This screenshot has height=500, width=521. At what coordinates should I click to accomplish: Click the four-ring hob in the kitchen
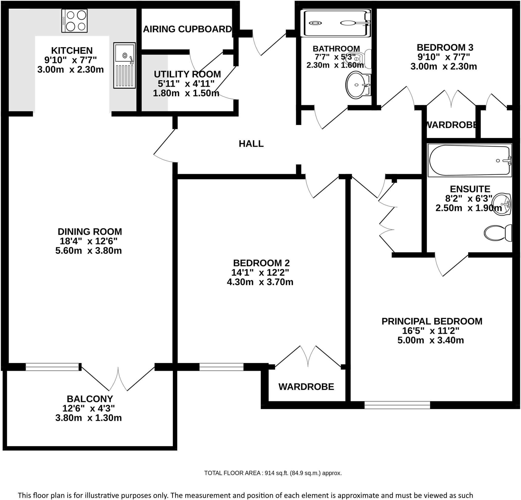pyautogui.click(x=74, y=21)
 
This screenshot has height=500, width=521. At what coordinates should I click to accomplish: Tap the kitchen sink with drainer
pyautogui.click(x=124, y=65)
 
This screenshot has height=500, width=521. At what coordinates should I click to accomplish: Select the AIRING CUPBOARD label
pyautogui.click(x=187, y=29)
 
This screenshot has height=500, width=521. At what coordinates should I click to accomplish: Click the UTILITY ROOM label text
pyautogui.click(x=187, y=74)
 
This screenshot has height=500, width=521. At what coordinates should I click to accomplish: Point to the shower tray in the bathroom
pyautogui.click(x=336, y=23)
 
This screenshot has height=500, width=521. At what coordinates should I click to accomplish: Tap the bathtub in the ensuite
pyautogui.click(x=469, y=160)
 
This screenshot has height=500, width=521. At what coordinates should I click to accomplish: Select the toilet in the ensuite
pyautogui.click(x=497, y=233)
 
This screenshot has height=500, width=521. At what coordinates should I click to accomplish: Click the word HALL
pyautogui.click(x=251, y=144)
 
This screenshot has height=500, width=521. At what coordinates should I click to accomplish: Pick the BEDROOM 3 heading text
pyautogui.click(x=445, y=47)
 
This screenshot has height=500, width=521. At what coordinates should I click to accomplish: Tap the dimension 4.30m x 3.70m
pyautogui.click(x=260, y=282)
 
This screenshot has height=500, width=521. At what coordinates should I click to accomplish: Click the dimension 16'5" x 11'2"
pyautogui.click(x=430, y=331)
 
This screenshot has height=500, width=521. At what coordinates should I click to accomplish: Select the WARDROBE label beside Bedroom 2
pyautogui.click(x=306, y=387)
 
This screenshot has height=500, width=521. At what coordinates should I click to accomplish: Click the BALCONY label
pyautogui.click(x=90, y=399)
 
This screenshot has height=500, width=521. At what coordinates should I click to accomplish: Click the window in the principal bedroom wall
pyautogui.click(x=397, y=405)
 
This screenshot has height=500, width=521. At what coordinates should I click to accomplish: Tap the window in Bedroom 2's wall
pyautogui.click(x=221, y=367)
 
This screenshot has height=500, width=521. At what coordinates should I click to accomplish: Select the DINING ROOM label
pyautogui.click(x=90, y=231)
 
